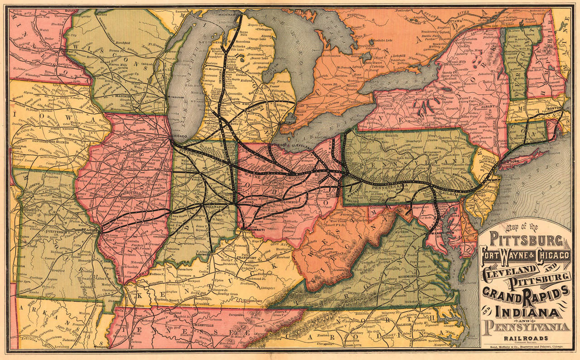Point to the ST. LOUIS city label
[x=93, y=230]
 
